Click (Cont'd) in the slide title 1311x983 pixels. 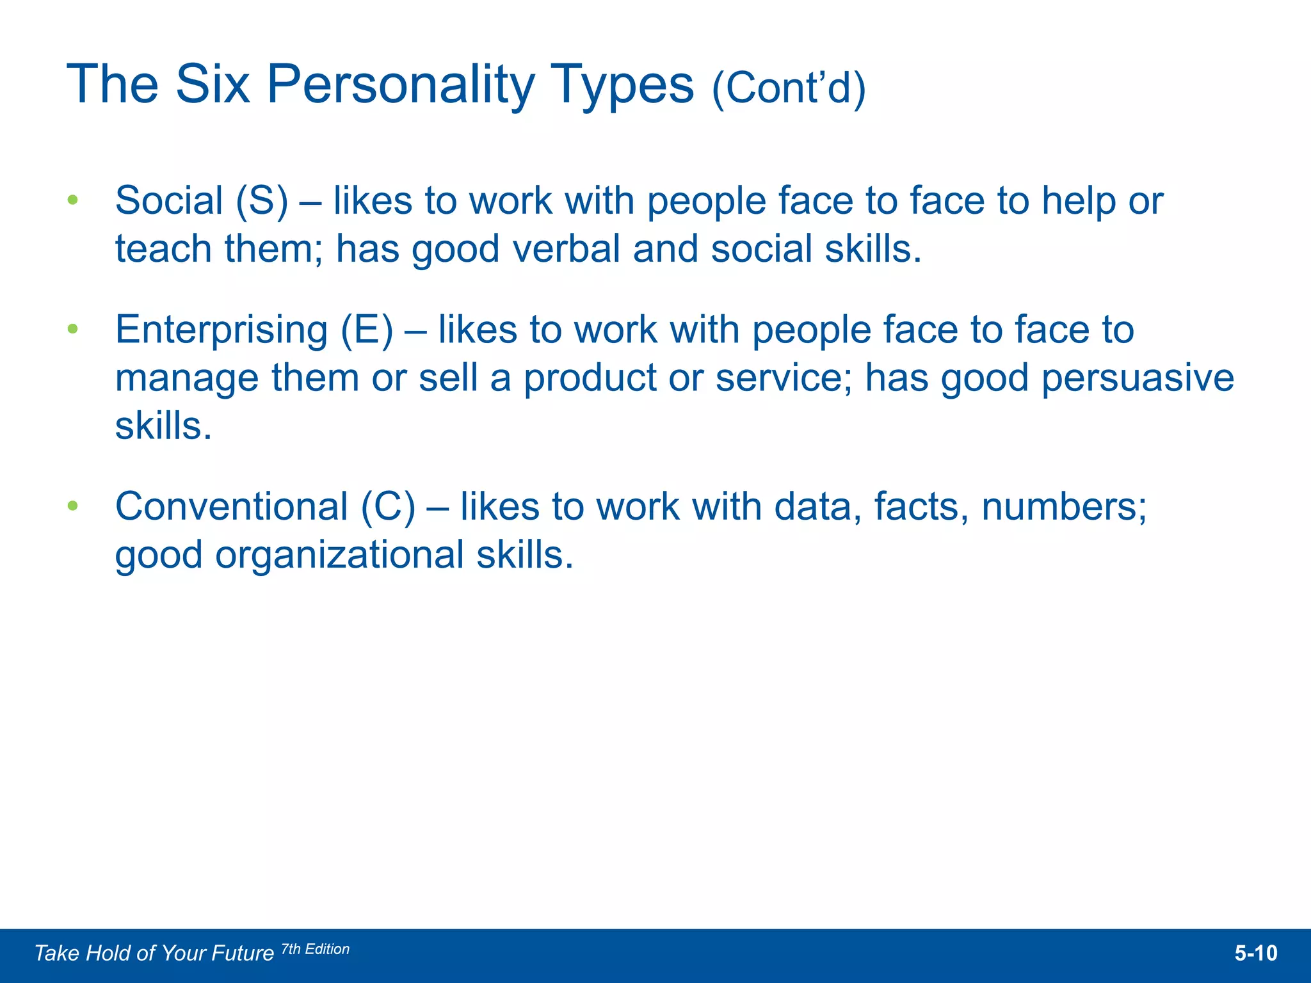tap(789, 88)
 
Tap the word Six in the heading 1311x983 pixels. tap(212, 84)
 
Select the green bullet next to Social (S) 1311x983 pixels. tap(73, 200)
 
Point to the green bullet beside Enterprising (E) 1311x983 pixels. tap(73, 329)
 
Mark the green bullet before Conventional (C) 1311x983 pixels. tap(73, 506)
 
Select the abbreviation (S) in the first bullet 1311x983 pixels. tap(262, 201)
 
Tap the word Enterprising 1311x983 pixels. tap(221, 330)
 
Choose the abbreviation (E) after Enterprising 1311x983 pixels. tap(367, 330)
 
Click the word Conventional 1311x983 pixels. tap(231, 506)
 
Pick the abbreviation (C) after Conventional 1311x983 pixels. tap(388, 507)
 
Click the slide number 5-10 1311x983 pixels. tap(1255, 954)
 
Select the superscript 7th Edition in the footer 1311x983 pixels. tap(316, 949)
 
